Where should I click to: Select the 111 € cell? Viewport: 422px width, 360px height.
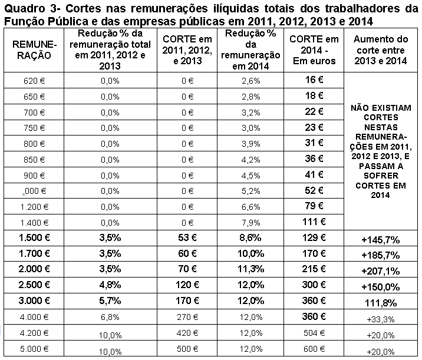click(x=315, y=222)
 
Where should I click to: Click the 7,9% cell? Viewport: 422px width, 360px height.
click(x=251, y=222)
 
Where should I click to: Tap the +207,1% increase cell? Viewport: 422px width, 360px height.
click(x=380, y=272)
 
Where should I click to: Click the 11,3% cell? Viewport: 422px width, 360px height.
click(x=252, y=270)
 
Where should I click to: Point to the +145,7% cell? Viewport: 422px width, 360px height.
click(x=380, y=240)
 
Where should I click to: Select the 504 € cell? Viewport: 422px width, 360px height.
click(x=314, y=334)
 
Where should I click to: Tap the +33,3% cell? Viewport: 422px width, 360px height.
click(x=380, y=319)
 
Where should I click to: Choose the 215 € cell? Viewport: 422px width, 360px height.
click(x=315, y=270)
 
